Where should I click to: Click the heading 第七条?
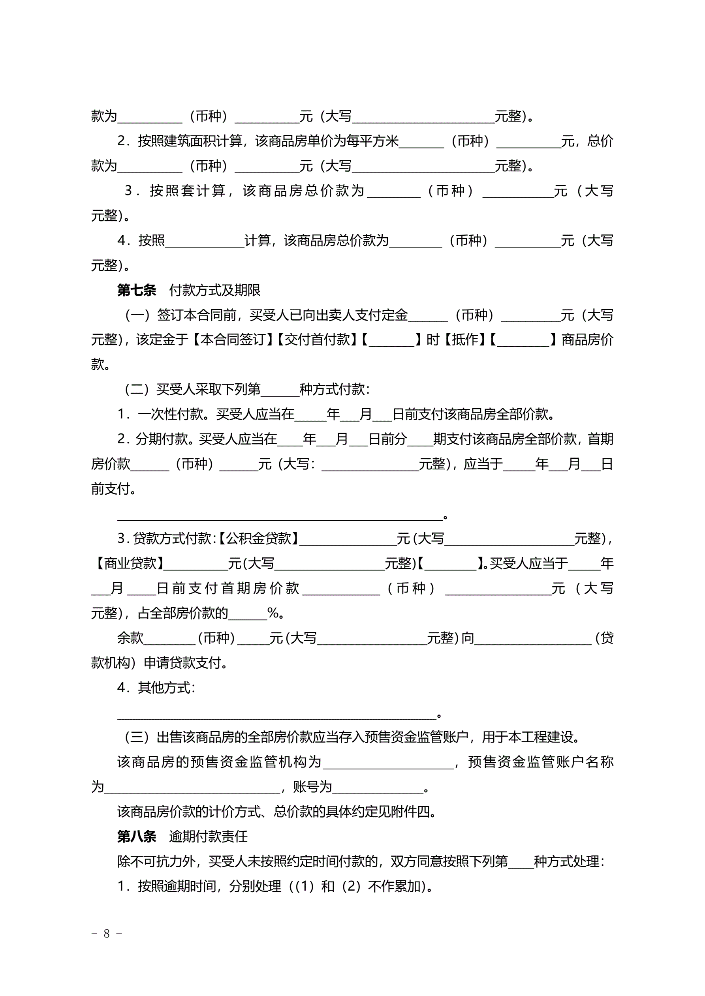[137, 290]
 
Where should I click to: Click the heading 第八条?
[137, 837]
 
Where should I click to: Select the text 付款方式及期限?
[215, 290]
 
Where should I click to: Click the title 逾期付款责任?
[209, 837]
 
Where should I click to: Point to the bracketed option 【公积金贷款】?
[258, 538]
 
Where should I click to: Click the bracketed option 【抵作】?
[465, 340]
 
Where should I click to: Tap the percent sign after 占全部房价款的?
[273, 613]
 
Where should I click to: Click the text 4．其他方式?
[155, 688]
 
